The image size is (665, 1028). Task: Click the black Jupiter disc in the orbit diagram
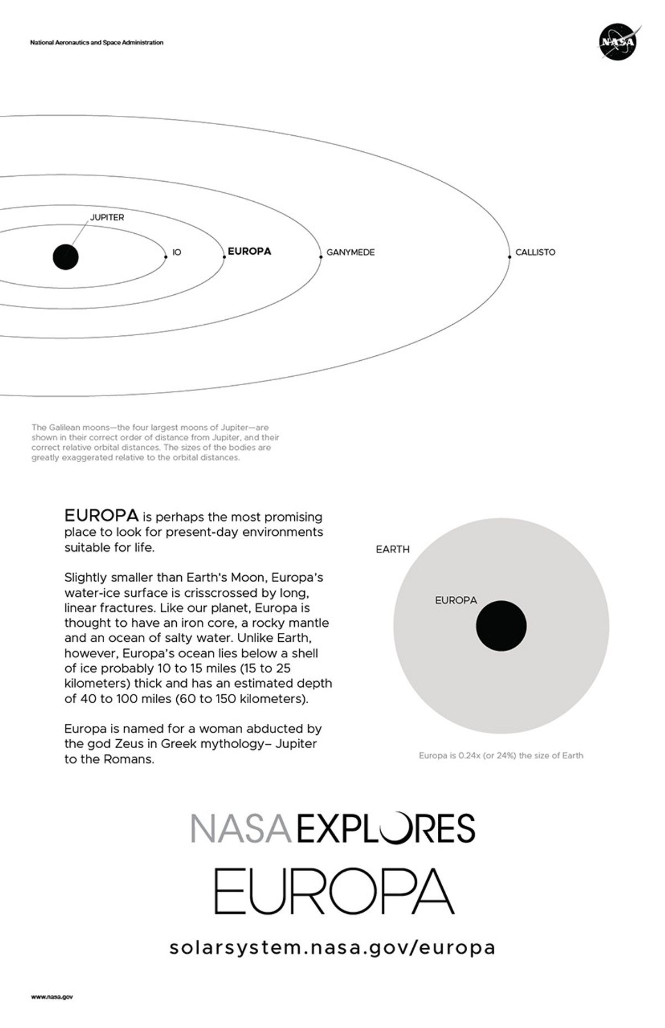(x=65, y=257)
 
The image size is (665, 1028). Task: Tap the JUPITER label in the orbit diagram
(x=107, y=217)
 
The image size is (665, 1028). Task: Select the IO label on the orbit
(x=177, y=252)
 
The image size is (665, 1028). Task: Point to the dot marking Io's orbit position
(x=166, y=256)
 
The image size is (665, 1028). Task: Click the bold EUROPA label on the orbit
(x=249, y=251)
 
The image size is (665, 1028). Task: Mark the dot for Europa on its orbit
(x=224, y=256)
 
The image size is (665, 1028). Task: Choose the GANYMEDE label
(x=350, y=252)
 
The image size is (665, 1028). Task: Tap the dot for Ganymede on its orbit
(x=321, y=256)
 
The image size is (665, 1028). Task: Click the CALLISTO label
(x=535, y=252)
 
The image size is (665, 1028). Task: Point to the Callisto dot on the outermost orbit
(x=509, y=256)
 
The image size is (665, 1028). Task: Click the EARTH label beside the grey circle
(x=392, y=549)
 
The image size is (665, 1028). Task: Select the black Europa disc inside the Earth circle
(x=501, y=626)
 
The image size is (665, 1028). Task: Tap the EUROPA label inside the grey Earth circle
(x=456, y=600)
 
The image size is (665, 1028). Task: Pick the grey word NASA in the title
(x=241, y=828)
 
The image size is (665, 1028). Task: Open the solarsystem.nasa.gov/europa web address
(x=332, y=947)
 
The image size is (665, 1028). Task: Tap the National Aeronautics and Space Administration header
(x=97, y=43)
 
